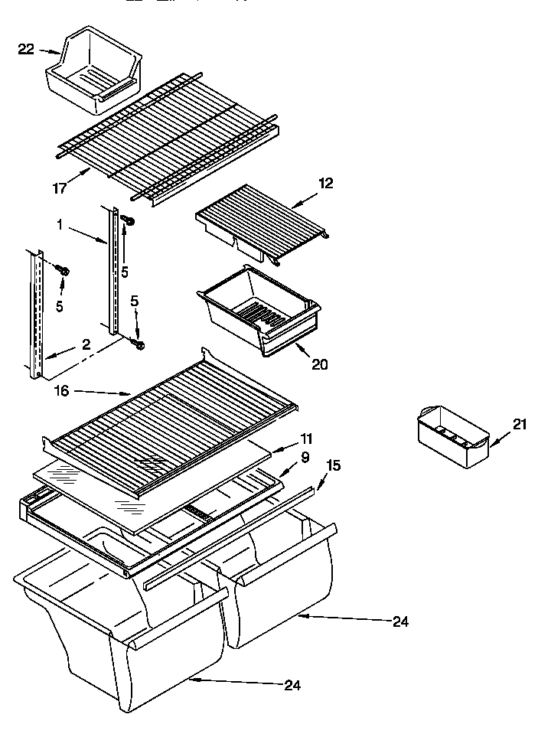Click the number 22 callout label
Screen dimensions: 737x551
[26, 50]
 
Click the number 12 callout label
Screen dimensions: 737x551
[326, 183]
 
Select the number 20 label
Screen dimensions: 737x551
[319, 364]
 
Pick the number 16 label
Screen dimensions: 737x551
[62, 390]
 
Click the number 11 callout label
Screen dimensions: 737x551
[306, 439]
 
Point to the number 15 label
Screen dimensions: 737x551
[334, 465]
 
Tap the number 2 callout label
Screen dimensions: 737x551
[86, 345]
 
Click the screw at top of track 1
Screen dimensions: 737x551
[129, 222]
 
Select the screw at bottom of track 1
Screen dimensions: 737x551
[139, 344]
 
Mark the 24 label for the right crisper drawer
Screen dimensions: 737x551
[400, 621]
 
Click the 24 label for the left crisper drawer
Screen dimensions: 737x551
[292, 685]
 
